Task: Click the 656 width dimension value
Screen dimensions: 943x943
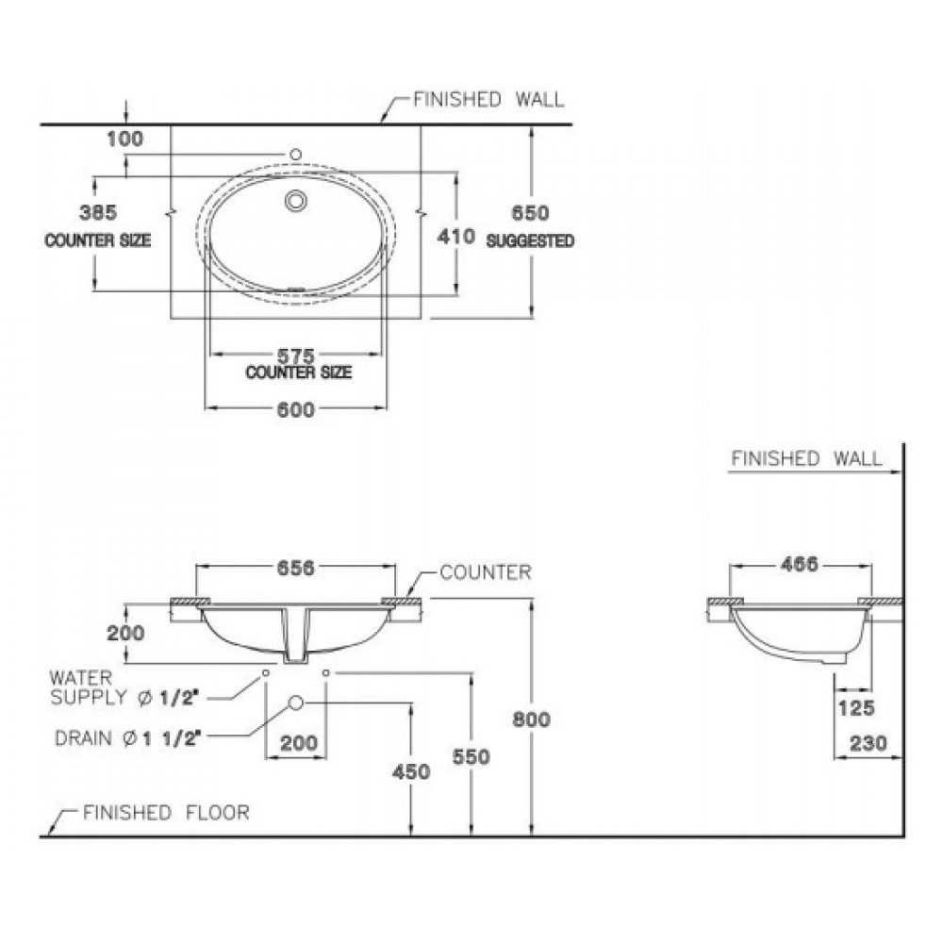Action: click(x=295, y=568)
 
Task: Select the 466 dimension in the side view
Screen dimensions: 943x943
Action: click(x=799, y=565)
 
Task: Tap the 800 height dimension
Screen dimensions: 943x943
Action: click(x=531, y=719)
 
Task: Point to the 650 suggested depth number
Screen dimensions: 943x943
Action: click(x=531, y=214)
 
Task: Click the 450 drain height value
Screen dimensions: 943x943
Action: click(x=411, y=772)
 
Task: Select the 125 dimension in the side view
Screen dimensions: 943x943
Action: click(x=854, y=707)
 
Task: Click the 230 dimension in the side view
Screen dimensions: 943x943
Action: click(x=868, y=743)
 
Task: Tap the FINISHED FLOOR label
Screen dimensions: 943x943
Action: click(x=166, y=812)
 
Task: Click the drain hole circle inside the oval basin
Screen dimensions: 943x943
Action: click(x=295, y=199)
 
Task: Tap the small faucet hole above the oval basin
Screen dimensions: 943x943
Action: click(x=295, y=153)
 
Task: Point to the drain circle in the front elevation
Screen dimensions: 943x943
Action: click(x=295, y=703)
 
